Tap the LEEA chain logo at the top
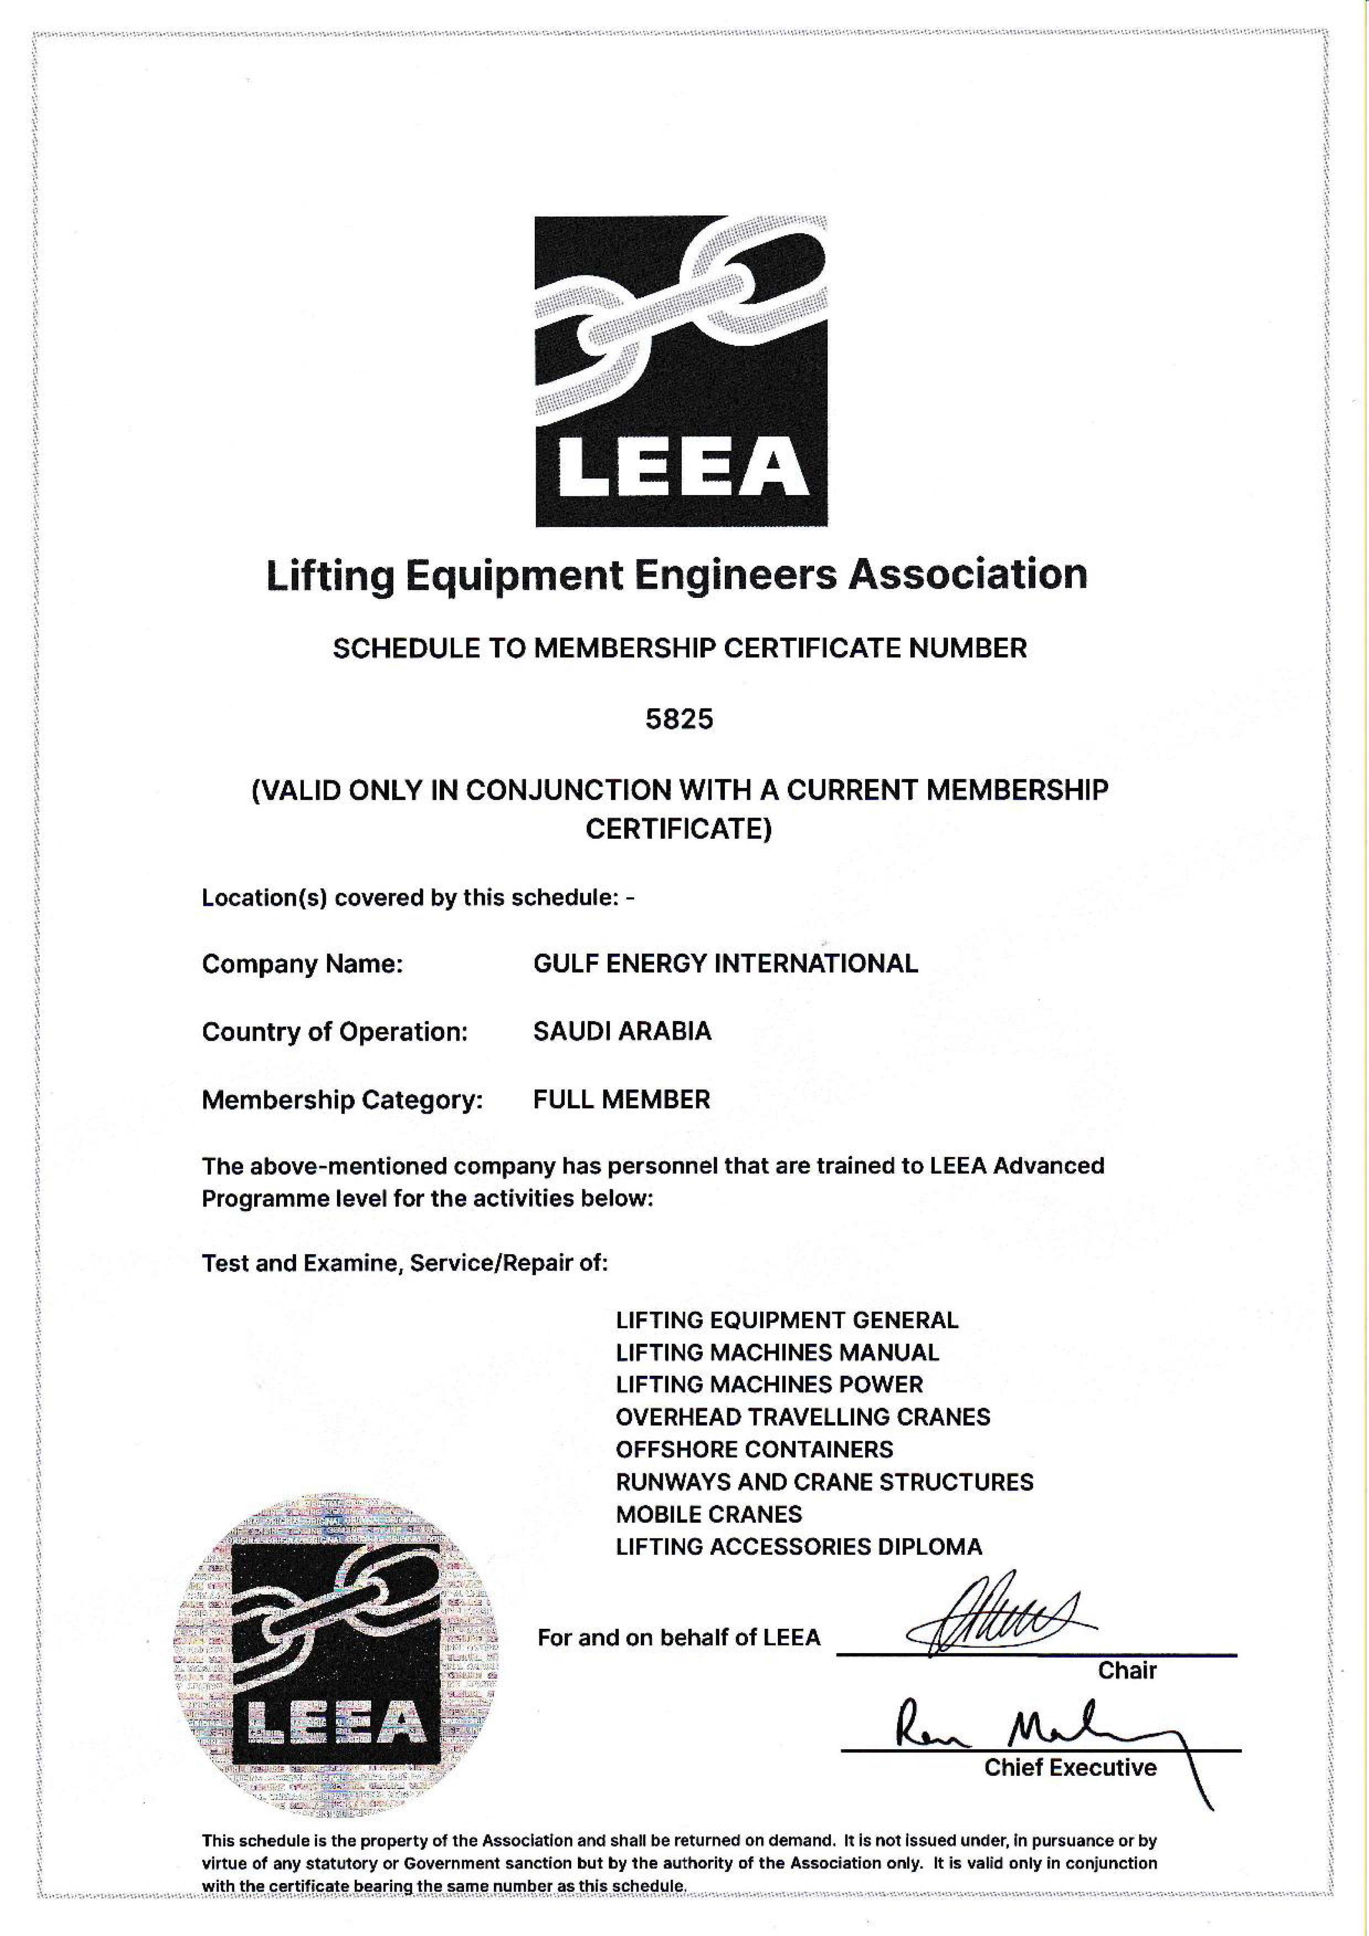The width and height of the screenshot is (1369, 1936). (681, 371)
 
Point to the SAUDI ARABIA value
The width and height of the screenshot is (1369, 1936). (622, 1031)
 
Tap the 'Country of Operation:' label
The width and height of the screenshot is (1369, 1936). (334, 1032)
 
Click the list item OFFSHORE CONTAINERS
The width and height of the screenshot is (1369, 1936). (753, 1450)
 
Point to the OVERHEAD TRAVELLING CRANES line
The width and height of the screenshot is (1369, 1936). (803, 1416)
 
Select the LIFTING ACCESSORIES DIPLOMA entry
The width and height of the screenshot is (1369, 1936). (798, 1546)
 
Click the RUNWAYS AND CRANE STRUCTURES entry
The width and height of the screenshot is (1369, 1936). (823, 1481)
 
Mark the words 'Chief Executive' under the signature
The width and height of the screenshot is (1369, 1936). (1070, 1767)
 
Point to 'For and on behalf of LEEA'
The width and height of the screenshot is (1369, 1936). (678, 1637)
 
